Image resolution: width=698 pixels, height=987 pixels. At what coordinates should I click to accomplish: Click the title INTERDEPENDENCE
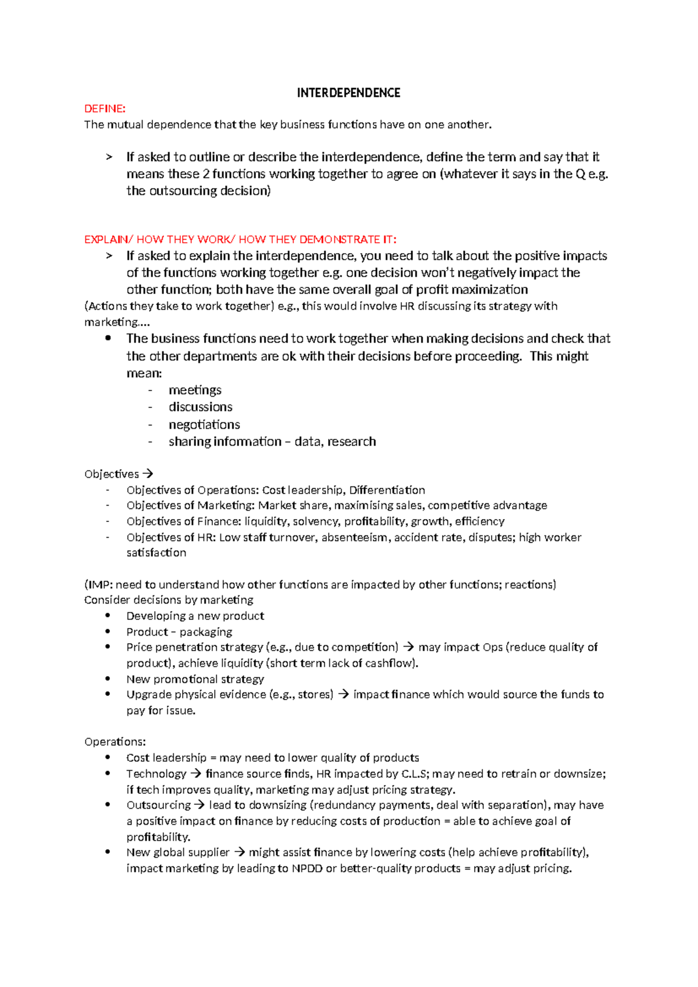348,93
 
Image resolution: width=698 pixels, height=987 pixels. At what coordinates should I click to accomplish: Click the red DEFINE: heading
105,109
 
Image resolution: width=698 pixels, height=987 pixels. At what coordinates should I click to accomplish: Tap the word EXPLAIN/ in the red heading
109,239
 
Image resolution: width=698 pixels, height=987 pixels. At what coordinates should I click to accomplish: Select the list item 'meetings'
195,390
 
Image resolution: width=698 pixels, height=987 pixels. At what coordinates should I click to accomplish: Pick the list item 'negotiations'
204,424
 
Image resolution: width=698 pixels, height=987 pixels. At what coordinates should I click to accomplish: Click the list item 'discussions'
200,407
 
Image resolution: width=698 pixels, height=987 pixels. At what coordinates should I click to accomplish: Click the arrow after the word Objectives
148,474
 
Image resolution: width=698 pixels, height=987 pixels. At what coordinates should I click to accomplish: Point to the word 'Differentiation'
387,490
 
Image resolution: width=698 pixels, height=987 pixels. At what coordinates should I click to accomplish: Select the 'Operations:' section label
115,741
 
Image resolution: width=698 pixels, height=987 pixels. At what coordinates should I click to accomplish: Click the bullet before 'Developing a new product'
108,616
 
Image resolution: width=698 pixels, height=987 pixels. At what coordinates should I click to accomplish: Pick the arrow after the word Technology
195,773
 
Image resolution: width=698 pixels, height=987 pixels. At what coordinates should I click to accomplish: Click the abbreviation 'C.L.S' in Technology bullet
415,773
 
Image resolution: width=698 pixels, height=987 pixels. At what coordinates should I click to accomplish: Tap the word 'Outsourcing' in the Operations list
158,805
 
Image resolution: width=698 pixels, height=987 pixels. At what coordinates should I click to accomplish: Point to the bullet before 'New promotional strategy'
108,679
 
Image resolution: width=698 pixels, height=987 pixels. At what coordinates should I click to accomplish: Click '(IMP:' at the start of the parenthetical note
98,584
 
